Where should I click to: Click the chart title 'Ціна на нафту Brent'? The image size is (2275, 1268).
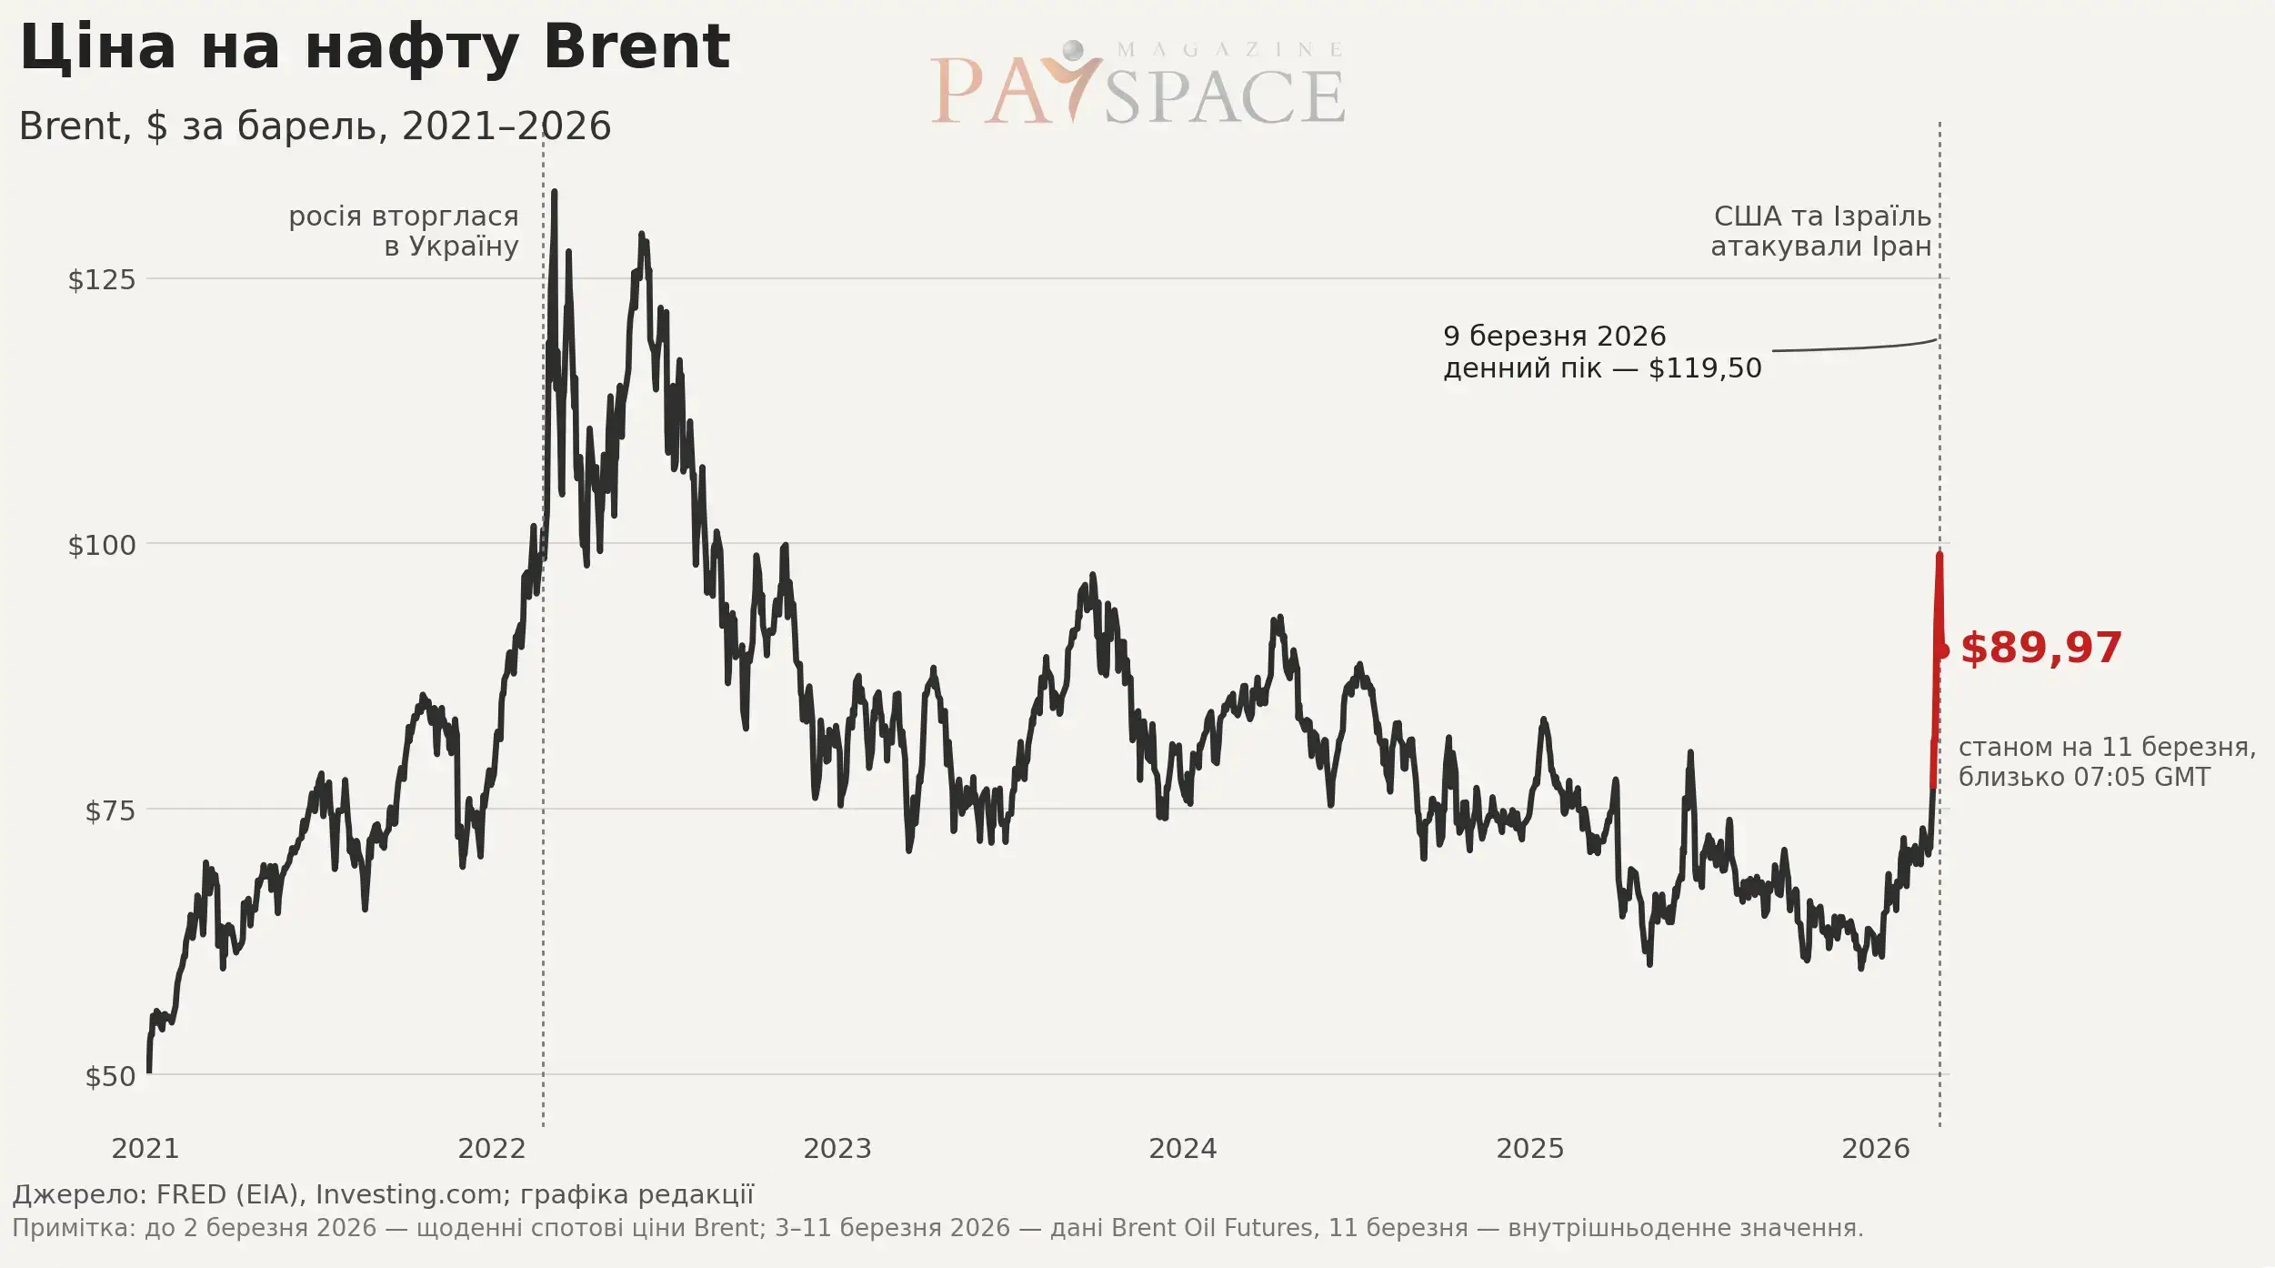pos(374,47)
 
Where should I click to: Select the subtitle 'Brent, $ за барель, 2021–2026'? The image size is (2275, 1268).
pos(315,126)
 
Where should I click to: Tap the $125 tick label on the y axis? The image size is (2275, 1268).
pos(102,279)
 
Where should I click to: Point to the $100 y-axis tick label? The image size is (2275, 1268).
pos(102,545)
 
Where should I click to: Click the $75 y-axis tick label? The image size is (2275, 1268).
pos(110,810)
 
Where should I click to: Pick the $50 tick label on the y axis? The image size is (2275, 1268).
pos(110,1076)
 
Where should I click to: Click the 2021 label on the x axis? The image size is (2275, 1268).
pos(145,1149)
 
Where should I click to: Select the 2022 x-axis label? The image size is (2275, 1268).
pos(492,1149)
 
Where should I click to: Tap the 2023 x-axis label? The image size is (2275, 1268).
pos(837,1149)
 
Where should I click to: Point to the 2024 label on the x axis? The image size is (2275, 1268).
pos(1183,1149)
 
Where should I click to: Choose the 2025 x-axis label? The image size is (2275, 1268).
pos(1530,1149)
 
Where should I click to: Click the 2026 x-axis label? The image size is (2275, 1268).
pos(1876,1149)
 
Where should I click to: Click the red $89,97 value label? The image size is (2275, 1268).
pos(2041,649)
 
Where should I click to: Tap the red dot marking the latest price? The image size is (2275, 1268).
pos(1941,650)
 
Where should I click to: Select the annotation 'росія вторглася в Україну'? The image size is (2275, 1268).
pos(404,231)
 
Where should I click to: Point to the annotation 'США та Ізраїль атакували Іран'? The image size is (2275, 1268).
pos(1821,231)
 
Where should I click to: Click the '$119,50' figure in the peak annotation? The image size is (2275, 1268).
pos(1705,368)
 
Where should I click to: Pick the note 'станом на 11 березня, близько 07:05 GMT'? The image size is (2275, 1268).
pos(2107,761)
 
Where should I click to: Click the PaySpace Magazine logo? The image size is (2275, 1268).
pos(1137,84)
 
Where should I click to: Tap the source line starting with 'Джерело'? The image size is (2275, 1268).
pos(383,1194)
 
